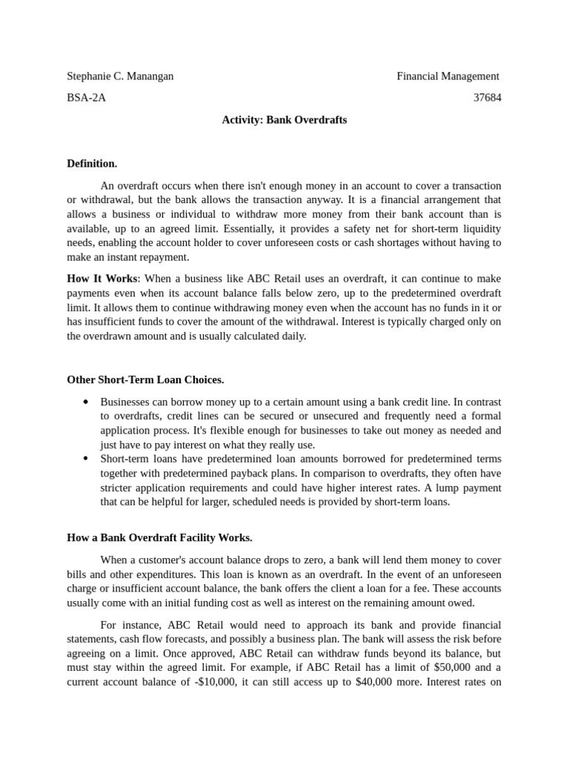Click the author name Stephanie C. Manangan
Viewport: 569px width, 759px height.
120,76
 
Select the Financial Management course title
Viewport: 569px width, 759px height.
447,76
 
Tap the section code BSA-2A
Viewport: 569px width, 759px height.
86,98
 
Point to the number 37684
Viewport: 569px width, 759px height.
487,98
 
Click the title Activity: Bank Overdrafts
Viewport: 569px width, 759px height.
284,119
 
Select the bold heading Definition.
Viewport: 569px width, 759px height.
92,163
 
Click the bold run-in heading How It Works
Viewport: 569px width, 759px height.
102,279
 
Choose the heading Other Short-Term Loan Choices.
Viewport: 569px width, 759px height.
145,379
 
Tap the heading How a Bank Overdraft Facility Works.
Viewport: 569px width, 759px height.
159,537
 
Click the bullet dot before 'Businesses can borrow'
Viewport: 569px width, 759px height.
86,402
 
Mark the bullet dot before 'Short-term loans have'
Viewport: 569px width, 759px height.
86,460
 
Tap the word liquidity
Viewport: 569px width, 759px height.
482,228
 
